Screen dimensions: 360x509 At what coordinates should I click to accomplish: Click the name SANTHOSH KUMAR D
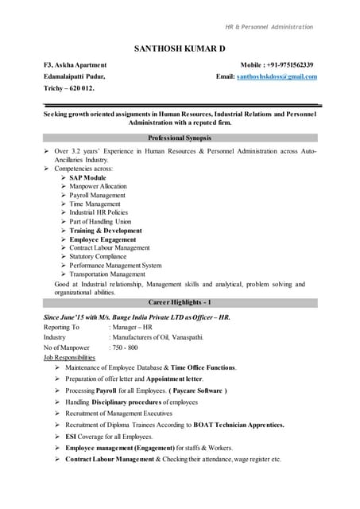click(x=180, y=49)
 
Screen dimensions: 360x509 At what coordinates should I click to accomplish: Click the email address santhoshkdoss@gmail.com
click(x=277, y=76)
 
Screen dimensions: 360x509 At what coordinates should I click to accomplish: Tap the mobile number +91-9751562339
click(x=287, y=64)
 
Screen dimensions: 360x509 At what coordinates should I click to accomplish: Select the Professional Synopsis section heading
click(x=180, y=138)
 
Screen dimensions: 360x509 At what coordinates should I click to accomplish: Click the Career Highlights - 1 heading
click(x=180, y=303)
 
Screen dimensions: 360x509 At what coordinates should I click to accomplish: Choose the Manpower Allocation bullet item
click(x=98, y=186)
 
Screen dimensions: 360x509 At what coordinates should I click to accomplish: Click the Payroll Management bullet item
click(x=97, y=195)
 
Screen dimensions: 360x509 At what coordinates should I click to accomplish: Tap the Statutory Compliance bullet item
click(x=98, y=256)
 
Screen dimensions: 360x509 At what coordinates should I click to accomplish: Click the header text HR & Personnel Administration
click(x=269, y=27)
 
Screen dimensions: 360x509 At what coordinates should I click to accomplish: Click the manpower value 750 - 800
click(x=124, y=348)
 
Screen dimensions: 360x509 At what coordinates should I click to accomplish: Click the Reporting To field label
click(x=61, y=327)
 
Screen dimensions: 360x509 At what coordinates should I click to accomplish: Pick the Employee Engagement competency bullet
click(x=103, y=239)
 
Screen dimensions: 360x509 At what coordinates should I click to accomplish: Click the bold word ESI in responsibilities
click(x=71, y=437)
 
